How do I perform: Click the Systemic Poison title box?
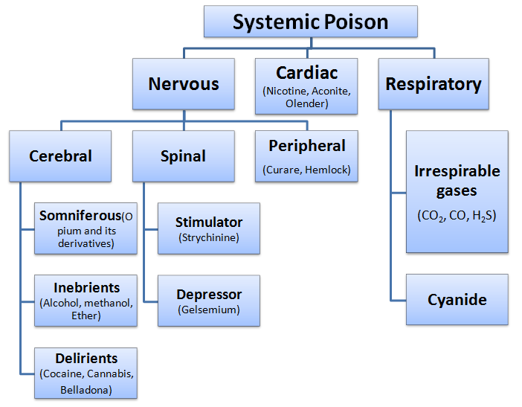(310, 22)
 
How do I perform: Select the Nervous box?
(184, 84)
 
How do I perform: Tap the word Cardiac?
(306, 73)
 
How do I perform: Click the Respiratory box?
(433, 84)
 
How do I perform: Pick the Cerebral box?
(60, 156)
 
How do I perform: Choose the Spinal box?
(183, 156)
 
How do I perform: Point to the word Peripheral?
(307, 146)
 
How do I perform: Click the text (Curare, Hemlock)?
(306, 170)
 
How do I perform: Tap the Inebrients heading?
(86, 288)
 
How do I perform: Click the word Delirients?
(86, 359)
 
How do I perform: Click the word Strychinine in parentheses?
(209, 237)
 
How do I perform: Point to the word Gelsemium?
(209, 310)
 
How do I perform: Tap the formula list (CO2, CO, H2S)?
(457, 216)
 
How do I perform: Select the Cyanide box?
(457, 300)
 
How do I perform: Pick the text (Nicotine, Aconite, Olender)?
(306, 97)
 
